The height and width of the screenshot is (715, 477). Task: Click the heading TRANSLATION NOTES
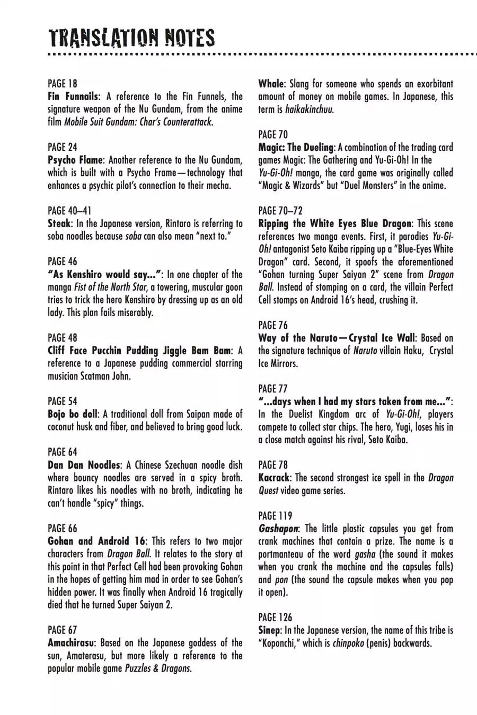tap(131, 38)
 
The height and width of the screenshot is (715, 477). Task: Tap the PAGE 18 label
tap(62, 84)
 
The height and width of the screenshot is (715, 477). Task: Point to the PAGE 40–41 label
tap(69, 211)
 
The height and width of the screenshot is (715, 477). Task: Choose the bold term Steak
tap(59, 224)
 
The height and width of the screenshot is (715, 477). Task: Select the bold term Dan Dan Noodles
tap(84, 465)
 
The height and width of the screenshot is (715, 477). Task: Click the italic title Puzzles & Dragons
tap(157, 668)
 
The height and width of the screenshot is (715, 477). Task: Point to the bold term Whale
tap(271, 84)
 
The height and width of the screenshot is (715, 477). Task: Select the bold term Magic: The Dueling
tap(296, 147)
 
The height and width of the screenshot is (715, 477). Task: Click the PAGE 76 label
tap(273, 325)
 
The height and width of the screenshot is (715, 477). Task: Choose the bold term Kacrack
tap(275, 478)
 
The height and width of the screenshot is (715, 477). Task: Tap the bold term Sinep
tap(270, 630)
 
